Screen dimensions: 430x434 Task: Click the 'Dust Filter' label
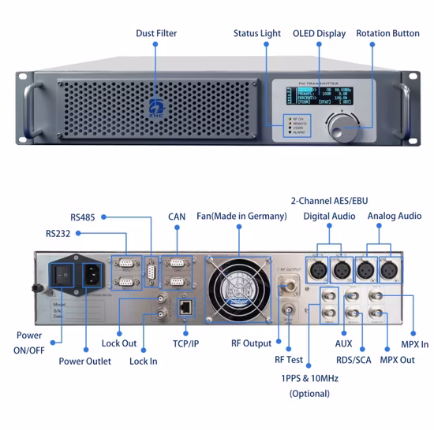pyautogui.click(x=155, y=33)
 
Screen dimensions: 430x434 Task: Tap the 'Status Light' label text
pyautogui.click(x=256, y=33)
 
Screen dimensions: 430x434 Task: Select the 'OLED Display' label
pyautogui.click(x=320, y=33)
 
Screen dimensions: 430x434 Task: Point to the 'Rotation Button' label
pyautogui.click(x=387, y=33)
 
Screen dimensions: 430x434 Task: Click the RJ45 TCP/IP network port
pyautogui.click(x=184, y=307)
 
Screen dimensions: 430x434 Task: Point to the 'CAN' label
pyautogui.click(x=176, y=216)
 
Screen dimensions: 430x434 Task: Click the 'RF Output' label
pyautogui.click(x=251, y=343)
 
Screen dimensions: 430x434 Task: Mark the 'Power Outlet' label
pyautogui.click(x=84, y=361)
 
